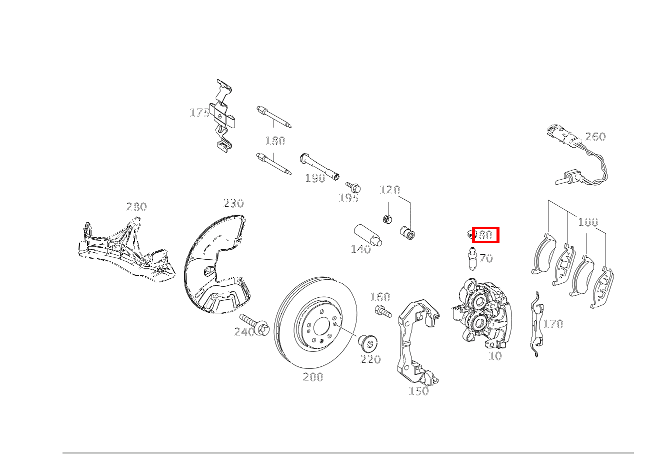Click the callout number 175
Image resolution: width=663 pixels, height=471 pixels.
pyautogui.click(x=199, y=113)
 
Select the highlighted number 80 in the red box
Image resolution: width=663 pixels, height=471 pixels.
pyautogui.click(x=485, y=235)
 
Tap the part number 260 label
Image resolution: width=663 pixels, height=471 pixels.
pyautogui.click(x=595, y=137)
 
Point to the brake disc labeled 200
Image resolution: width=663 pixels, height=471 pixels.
pyautogui.click(x=315, y=323)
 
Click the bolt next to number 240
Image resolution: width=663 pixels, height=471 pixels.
pyautogui.click(x=254, y=325)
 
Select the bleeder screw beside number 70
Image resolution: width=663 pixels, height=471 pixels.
pyautogui.click(x=472, y=259)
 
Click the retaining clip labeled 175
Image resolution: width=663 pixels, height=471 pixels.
pyautogui.click(x=223, y=116)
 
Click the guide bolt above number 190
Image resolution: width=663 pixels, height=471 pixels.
pyautogui.click(x=319, y=167)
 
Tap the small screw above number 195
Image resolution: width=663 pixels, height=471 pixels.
pyautogui.click(x=353, y=187)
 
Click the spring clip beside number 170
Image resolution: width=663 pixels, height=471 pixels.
pyautogui.click(x=536, y=324)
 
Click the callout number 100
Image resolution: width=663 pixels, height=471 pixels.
pyautogui.click(x=588, y=222)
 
